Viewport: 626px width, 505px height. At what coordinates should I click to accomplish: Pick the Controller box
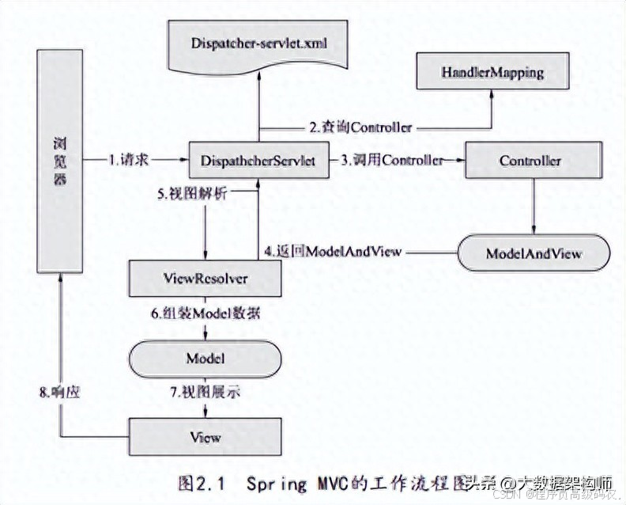[530, 161]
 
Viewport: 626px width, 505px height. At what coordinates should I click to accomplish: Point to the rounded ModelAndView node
[534, 253]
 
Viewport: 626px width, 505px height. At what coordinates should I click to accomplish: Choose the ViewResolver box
[206, 279]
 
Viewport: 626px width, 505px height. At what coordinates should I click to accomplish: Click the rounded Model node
[206, 358]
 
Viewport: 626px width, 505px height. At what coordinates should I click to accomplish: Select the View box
[206, 436]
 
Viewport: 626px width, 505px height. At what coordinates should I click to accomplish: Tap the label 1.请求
[129, 160]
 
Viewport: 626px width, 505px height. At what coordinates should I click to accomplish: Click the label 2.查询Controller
[361, 127]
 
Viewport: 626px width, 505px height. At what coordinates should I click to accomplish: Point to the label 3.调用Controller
[392, 160]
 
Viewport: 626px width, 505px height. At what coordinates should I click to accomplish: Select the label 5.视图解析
[192, 194]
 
